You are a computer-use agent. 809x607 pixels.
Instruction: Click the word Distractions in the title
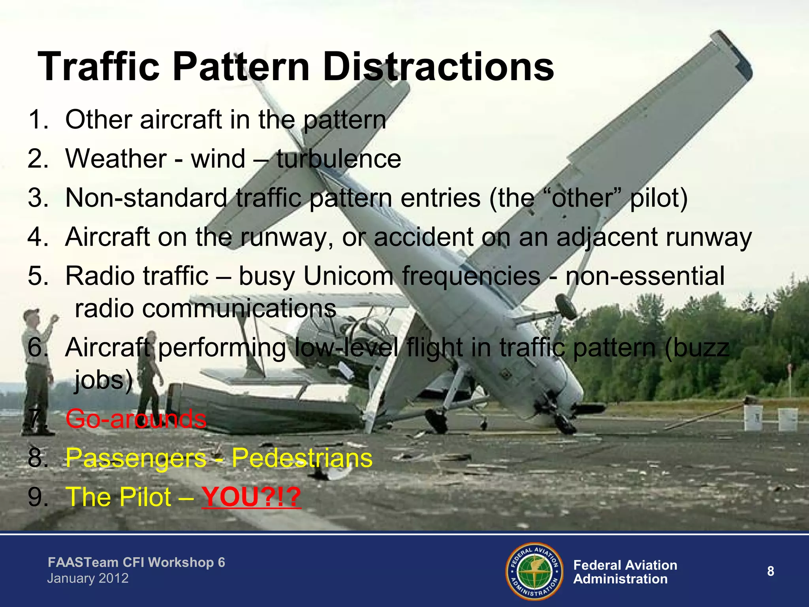[x=438, y=67]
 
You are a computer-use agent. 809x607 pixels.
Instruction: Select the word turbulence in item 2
[x=339, y=159]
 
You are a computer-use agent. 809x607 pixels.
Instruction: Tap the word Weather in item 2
[x=116, y=159]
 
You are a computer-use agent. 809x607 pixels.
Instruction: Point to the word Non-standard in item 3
[x=146, y=198]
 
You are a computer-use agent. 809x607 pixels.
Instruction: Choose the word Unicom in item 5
[x=348, y=276]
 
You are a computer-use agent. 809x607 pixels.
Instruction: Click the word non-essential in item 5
[x=645, y=276]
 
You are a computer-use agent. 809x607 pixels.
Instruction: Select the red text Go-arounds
[x=136, y=419]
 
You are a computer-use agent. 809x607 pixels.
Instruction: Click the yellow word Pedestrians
[x=302, y=458]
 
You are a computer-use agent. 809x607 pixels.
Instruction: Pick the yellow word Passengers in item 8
[x=136, y=458]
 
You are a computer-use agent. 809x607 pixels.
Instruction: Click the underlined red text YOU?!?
[x=251, y=497]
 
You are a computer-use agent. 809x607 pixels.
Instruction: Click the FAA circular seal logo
[x=534, y=571]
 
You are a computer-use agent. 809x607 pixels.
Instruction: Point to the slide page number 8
[x=770, y=571]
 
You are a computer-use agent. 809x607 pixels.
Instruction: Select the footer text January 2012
[x=88, y=579]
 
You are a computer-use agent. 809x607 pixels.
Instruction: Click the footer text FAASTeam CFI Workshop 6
[x=136, y=562]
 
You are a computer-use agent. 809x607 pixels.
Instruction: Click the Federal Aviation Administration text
[x=625, y=572]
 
